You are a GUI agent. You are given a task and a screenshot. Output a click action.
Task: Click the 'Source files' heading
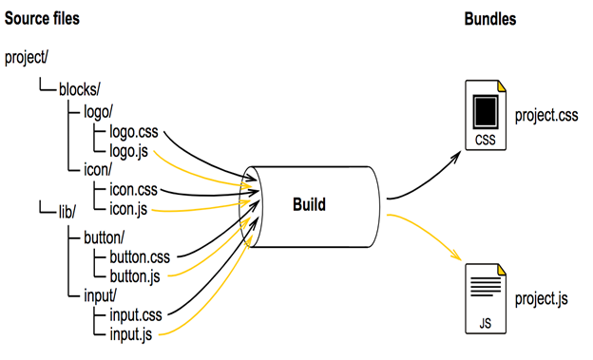(42, 19)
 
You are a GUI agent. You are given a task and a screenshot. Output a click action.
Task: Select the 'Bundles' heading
(490, 19)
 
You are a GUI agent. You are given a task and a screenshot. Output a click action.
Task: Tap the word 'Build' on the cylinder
(309, 204)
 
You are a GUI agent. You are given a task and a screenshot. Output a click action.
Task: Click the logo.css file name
(134, 132)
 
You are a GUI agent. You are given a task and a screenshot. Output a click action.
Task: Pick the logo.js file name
(128, 151)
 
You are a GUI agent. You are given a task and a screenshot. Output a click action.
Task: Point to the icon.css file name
(133, 189)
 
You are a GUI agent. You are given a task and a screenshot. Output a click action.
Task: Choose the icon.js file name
(128, 209)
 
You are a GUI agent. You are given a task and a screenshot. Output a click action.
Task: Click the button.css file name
(140, 257)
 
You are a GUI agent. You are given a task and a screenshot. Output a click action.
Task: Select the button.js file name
(135, 276)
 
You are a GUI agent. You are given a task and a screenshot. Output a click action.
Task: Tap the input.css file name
(136, 315)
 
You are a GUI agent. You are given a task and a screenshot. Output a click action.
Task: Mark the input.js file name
(131, 334)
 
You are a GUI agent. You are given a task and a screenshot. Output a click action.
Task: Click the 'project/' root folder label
(27, 58)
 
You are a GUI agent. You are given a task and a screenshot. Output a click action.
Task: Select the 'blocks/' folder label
(80, 89)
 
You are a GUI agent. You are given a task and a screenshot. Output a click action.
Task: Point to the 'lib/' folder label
(67, 212)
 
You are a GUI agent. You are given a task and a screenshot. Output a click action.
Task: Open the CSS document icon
(486, 115)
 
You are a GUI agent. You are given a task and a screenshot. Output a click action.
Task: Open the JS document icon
(486, 299)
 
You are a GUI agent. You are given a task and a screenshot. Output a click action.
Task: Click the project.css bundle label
(546, 115)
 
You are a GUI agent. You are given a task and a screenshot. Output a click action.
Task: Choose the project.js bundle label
(541, 299)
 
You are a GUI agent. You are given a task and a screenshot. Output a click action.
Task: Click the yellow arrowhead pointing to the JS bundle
(456, 255)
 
